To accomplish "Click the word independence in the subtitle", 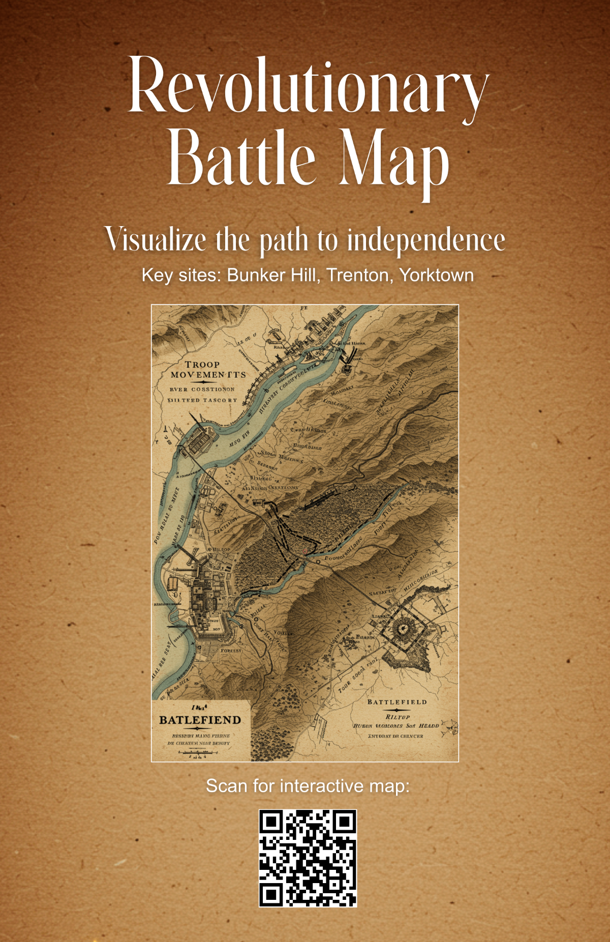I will click(426, 239).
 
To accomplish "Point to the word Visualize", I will click(156, 239).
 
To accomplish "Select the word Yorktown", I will click(436, 275).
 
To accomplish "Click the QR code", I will click(308, 858).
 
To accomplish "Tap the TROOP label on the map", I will click(202, 364).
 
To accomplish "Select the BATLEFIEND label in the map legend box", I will click(200, 720).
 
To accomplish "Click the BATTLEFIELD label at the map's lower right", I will click(397, 702).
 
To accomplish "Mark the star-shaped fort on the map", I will click(403, 629).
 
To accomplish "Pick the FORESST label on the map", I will click(231, 650).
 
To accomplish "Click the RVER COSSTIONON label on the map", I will click(202, 389).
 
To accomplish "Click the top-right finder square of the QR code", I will click(344, 822).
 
